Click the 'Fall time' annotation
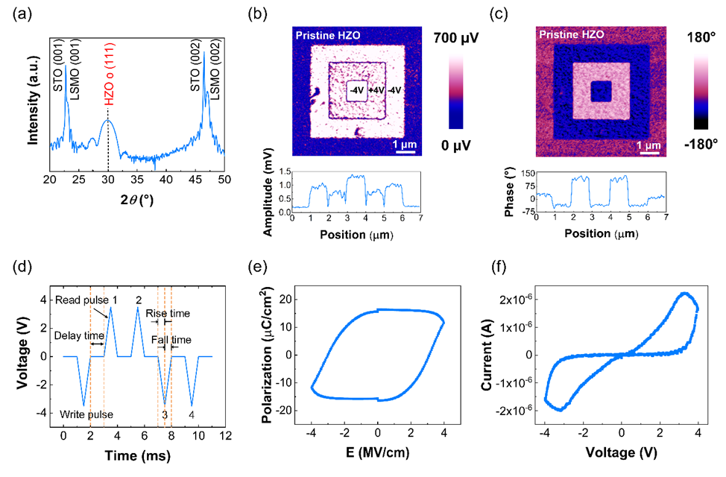(171, 340)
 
